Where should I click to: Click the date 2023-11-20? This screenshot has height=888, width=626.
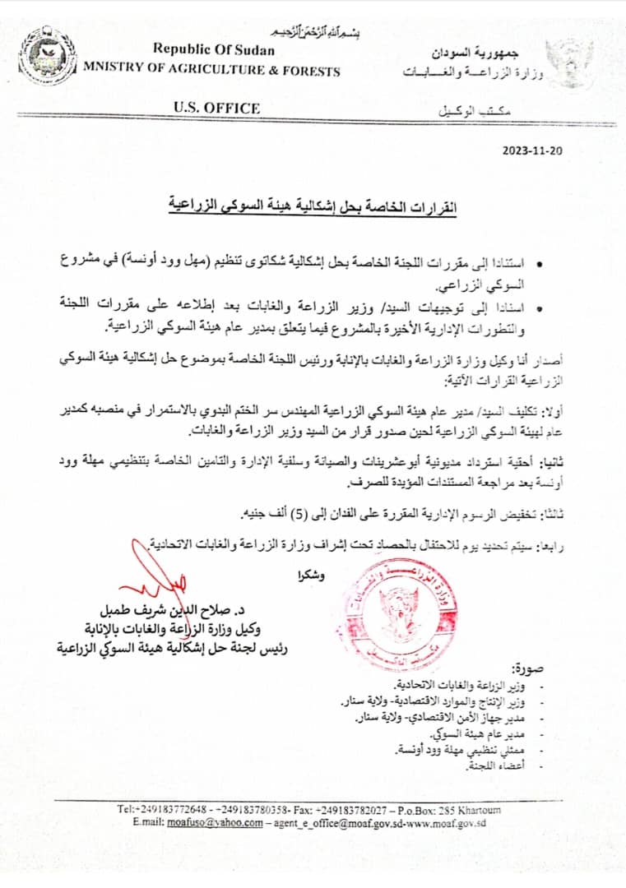tap(532, 150)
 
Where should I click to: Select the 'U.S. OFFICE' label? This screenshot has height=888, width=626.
tap(217, 108)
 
